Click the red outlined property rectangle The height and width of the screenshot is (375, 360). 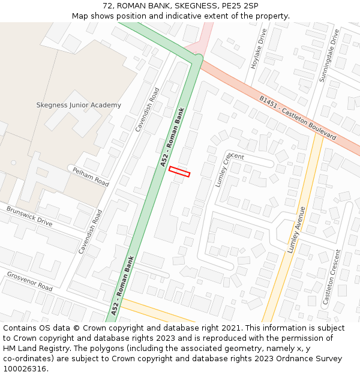[x=179, y=172]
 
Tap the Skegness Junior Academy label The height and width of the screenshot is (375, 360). [x=79, y=105]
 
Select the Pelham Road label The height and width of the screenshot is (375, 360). [x=91, y=177]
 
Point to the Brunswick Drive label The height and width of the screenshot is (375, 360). [x=29, y=216]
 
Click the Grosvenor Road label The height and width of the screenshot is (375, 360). [x=29, y=281]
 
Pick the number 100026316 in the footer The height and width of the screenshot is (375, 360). [x=25, y=369]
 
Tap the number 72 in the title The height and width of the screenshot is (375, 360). [x=107, y=5]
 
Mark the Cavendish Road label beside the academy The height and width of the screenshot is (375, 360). [x=148, y=109]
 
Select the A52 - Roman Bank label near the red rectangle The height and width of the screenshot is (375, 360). [x=172, y=137]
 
